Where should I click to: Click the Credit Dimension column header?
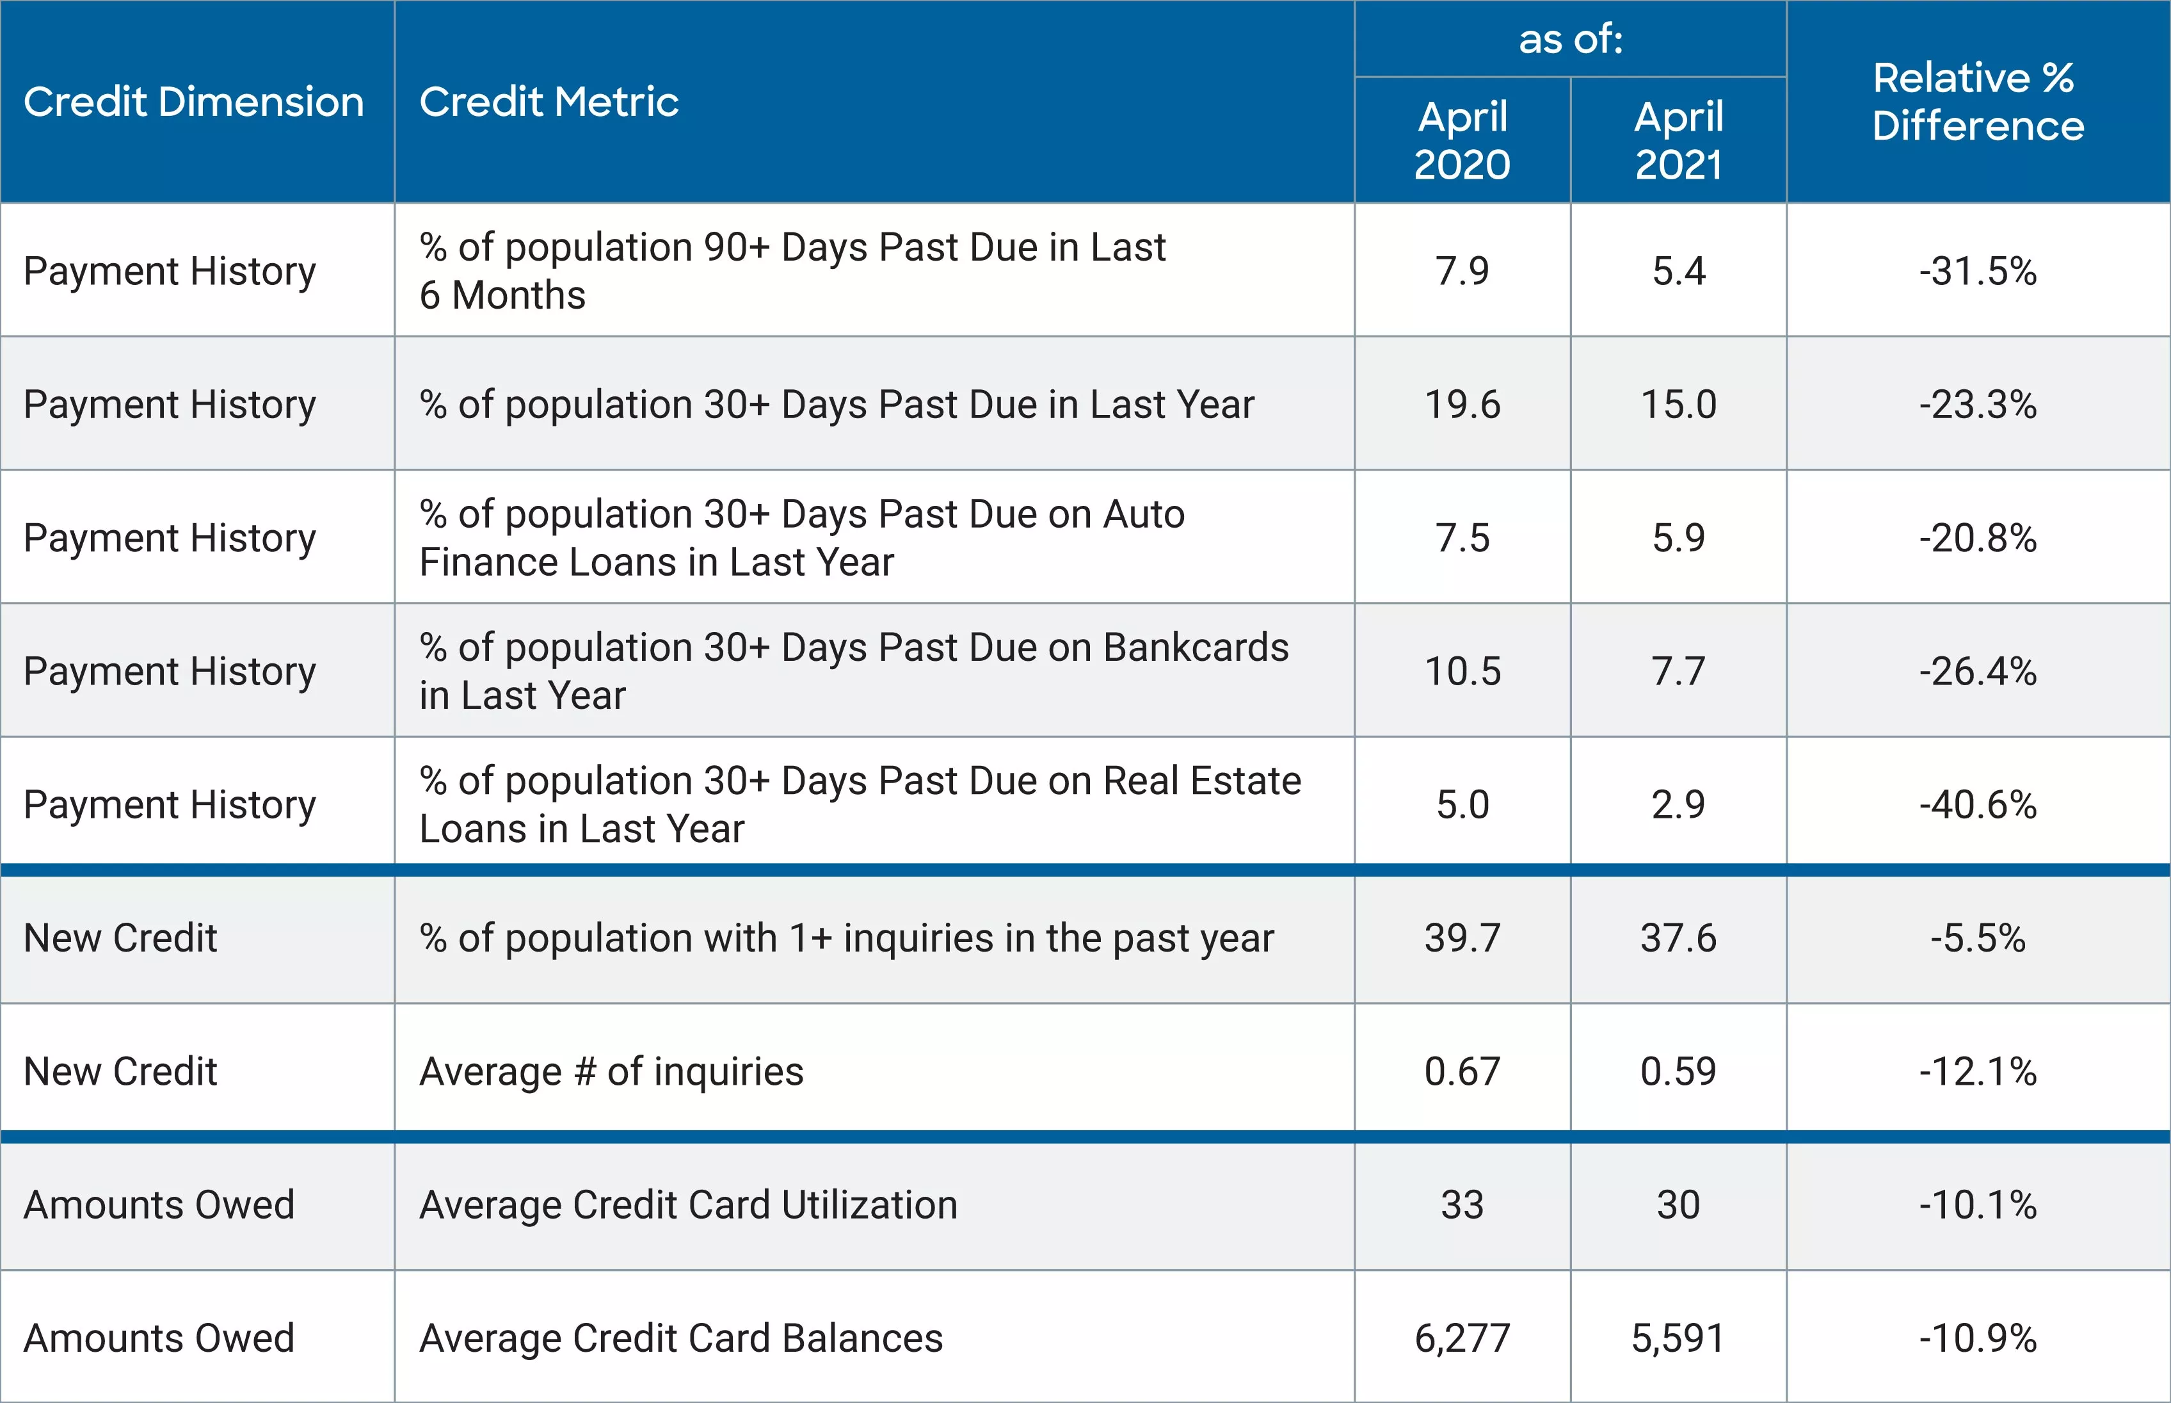click(193, 102)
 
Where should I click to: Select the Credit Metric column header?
click(549, 102)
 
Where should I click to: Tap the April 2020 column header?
click(1462, 140)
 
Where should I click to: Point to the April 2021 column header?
click(1678, 140)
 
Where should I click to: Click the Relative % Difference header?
click(1977, 102)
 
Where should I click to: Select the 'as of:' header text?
click(1570, 39)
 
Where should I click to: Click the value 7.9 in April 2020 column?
click(1462, 272)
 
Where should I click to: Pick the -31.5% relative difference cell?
click(1977, 272)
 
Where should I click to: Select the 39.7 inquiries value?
click(1462, 938)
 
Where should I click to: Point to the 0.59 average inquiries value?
click(1678, 1071)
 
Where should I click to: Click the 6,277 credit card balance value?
click(1462, 1338)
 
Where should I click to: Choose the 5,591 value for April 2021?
click(1678, 1338)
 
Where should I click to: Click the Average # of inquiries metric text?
click(611, 1071)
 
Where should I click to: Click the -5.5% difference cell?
click(1977, 938)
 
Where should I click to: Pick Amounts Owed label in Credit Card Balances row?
click(159, 1338)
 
